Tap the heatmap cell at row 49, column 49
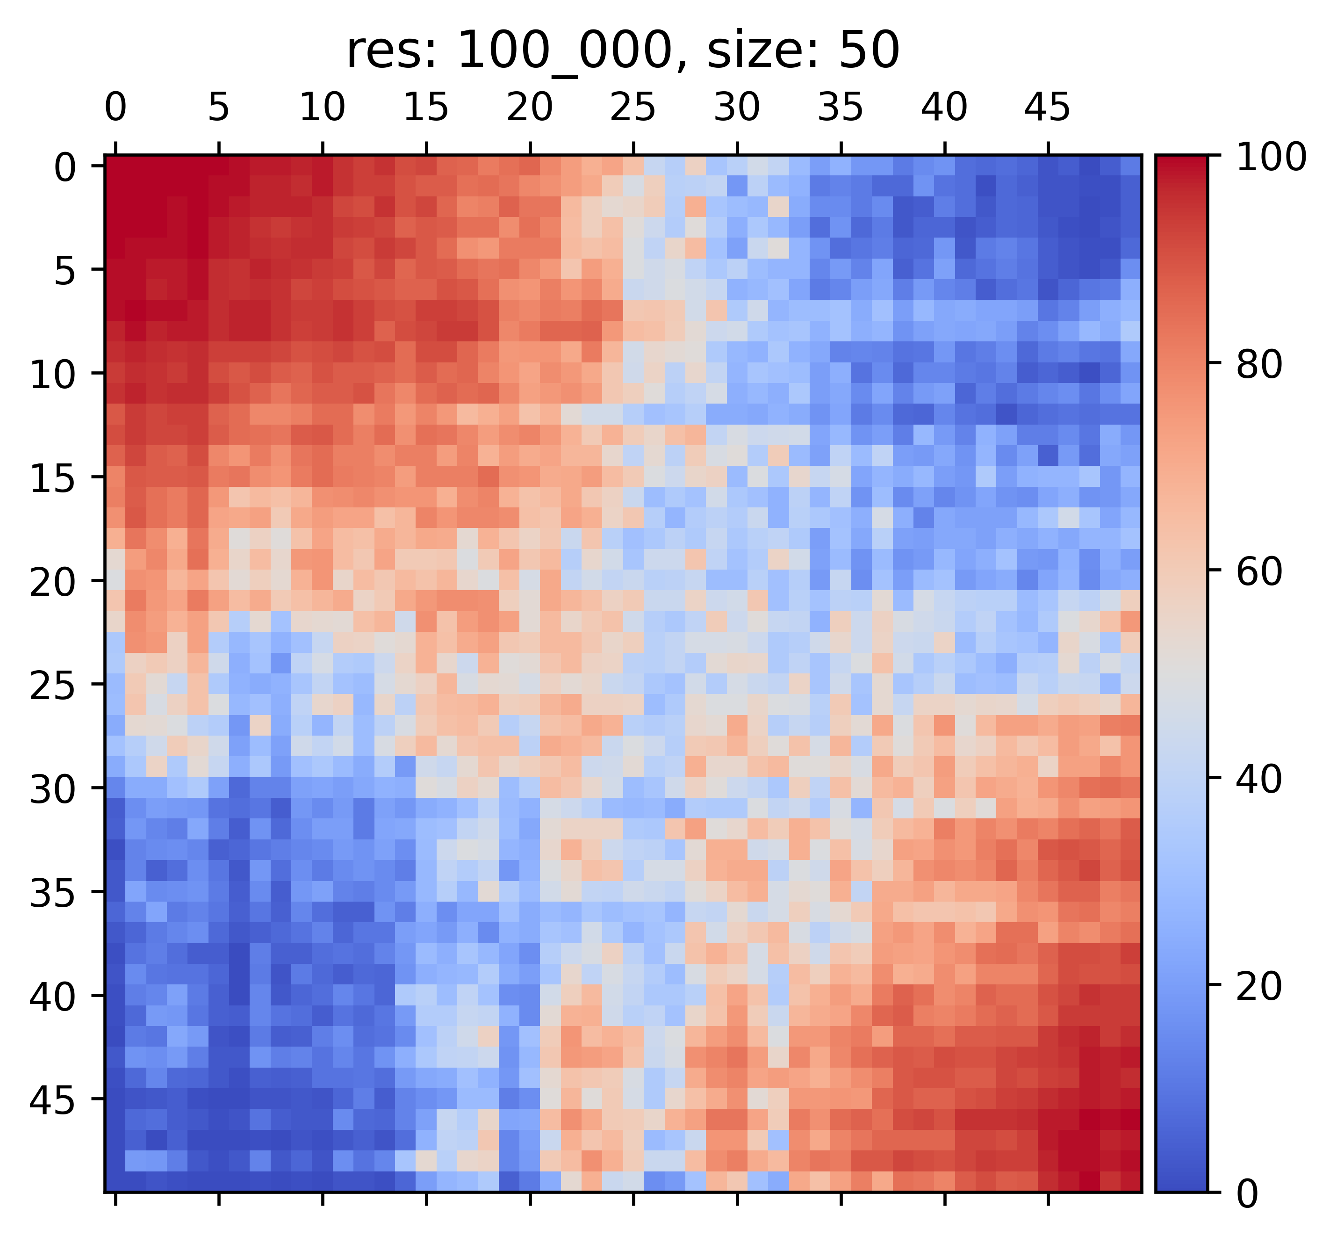(x=1131, y=1182)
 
